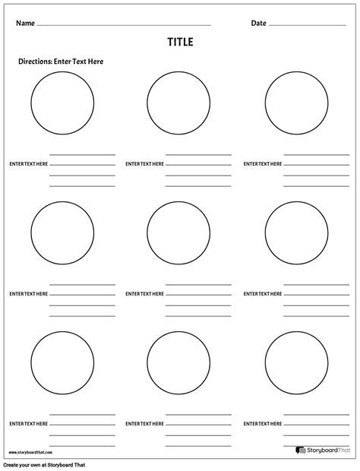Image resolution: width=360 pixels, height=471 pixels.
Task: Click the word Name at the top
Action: (26, 24)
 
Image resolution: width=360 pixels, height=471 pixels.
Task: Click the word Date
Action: (258, 24)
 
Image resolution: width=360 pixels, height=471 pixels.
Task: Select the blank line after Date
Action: (307, 26)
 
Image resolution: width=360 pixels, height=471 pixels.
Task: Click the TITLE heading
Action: (180, 43)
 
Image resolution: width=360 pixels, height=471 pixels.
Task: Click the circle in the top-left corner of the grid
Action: (63, 104)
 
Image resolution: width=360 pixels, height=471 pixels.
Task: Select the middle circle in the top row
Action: (179, 104)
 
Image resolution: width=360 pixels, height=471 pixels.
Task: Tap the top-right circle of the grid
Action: (296, 104)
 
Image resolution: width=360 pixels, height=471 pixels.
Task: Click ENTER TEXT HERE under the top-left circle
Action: (28, 164)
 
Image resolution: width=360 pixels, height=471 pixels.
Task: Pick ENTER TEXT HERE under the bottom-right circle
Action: (263, 423)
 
